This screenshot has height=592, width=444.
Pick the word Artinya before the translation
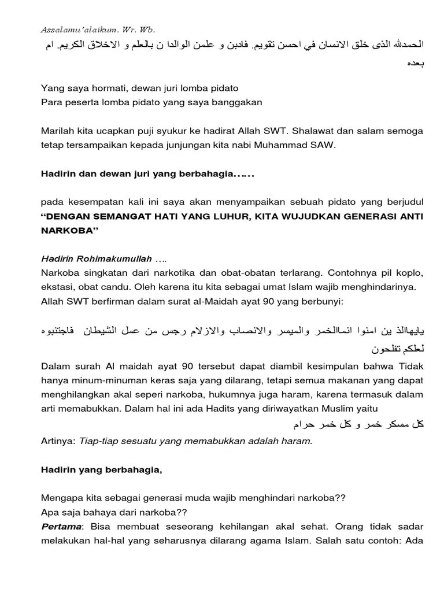[58, 441]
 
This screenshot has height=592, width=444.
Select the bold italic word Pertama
[60, 527]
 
